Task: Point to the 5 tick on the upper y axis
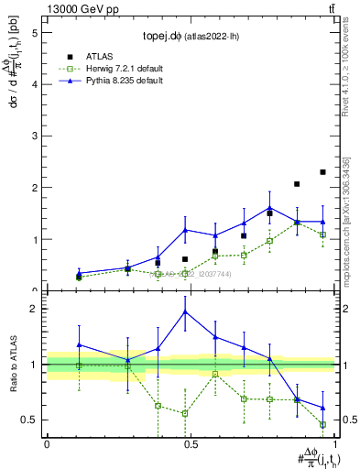point(34,32)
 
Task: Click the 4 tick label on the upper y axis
point(34,84)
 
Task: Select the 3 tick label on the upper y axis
point(34,136)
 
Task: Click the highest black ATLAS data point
point(322,172)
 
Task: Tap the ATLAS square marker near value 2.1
point(297,184)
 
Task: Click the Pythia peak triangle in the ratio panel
point(185,311)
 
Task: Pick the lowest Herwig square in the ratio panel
point(322,424)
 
